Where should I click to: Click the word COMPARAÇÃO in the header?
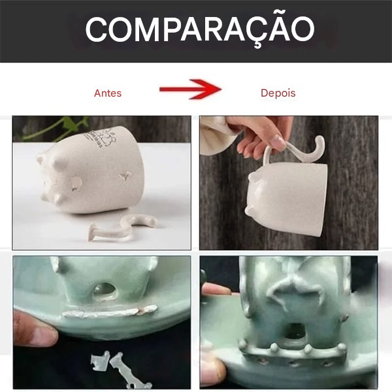click(x=199, y=29)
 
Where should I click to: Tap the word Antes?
click(x=108, y=93)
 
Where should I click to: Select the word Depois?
click(x=278, y=93)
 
